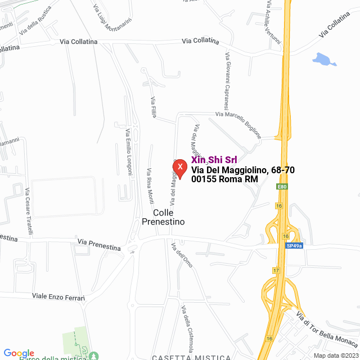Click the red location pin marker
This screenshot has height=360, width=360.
coord(179,168)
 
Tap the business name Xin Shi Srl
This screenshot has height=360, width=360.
coord(214,160)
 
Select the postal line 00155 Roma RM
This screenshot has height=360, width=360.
coord(224,179)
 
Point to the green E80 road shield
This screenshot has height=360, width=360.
coord(282,186)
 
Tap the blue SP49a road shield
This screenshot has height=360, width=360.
coord(294,246)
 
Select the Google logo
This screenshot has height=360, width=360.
coord(19,353)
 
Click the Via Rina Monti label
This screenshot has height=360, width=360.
coord(150,186)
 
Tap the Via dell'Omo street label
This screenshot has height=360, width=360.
coord(182,258)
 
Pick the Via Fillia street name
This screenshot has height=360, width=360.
coord(154,107)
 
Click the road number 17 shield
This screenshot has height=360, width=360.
coord(276,271)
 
